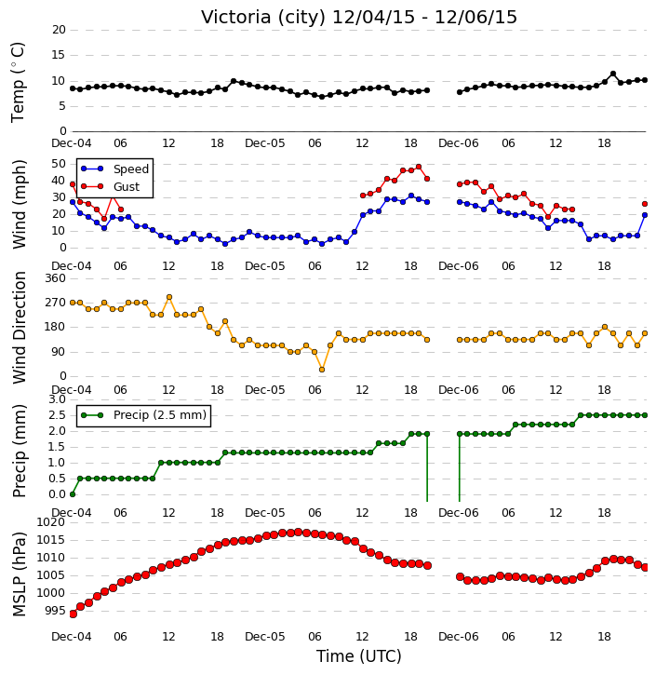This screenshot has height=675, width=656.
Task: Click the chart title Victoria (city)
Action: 263,17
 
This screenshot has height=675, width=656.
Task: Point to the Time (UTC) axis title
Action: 359,656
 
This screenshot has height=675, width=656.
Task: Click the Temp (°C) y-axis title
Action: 18,82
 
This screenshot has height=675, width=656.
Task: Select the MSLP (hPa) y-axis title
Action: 19,574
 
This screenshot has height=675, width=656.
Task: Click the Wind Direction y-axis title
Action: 19,328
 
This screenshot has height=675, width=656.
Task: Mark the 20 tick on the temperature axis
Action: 59,30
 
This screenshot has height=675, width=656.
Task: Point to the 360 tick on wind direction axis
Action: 56,278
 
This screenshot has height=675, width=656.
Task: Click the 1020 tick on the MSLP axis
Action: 51,522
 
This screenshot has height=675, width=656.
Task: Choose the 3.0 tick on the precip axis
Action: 57,399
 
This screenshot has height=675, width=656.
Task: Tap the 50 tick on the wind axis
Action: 59,164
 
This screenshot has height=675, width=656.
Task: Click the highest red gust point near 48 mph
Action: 419,167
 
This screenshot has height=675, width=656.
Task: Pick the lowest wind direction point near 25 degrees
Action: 322,370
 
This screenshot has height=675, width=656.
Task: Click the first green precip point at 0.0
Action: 73,494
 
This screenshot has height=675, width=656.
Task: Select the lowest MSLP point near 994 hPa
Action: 73,614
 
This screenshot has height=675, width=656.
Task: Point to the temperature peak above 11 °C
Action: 613,74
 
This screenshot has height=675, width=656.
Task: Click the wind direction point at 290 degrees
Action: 169,297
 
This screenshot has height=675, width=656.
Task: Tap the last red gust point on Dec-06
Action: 645,204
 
